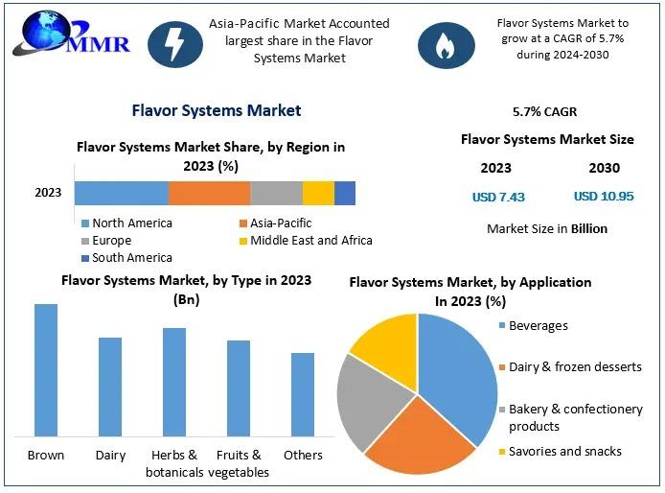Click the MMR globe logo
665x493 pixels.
click(x=70, y=35)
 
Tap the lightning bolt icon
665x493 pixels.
click(x=175, y=44)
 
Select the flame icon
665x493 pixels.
click(x=446, y=45)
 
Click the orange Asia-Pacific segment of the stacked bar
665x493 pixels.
click(x=210, y=193)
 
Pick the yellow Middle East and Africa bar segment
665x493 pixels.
click(x=318, y=193)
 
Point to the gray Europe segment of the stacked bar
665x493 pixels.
click(x=277, y=193)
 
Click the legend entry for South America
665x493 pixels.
click(x=126, y=258)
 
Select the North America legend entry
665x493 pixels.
click(x=126, y=223)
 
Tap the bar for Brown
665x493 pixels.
click(x=46, y=370)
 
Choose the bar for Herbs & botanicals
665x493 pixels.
click(x=174, y=382)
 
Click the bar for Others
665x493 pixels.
click(x=303, y=394)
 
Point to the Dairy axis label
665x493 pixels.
click(x=111, y=456)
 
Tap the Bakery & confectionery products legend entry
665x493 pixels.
click(x=571, y=417)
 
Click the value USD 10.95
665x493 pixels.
click(x=604, y=197)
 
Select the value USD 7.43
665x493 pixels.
click(x=498, y=197)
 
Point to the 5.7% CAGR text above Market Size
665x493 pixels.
click(x=545, y=111)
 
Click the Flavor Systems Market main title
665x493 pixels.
click(x=217, y=110)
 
